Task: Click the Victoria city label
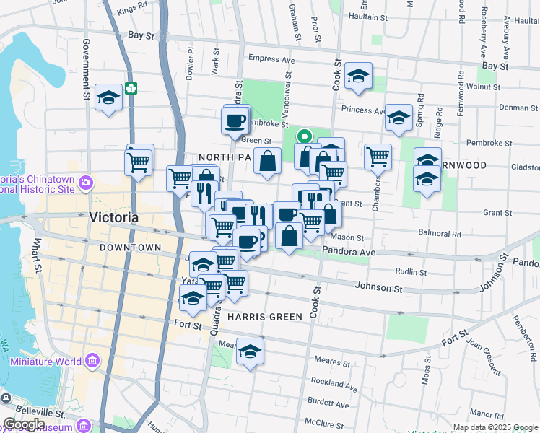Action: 113,217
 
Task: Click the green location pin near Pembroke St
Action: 305,136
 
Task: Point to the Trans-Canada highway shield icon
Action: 131,88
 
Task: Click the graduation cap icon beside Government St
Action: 108,98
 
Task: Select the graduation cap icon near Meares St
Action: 250,352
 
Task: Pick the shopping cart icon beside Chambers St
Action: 378,155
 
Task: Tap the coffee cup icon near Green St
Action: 235,121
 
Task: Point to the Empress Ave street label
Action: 271,59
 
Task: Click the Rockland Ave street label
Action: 336,385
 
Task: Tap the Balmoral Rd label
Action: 440,234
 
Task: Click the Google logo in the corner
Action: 24,424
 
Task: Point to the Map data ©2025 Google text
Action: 495,427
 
